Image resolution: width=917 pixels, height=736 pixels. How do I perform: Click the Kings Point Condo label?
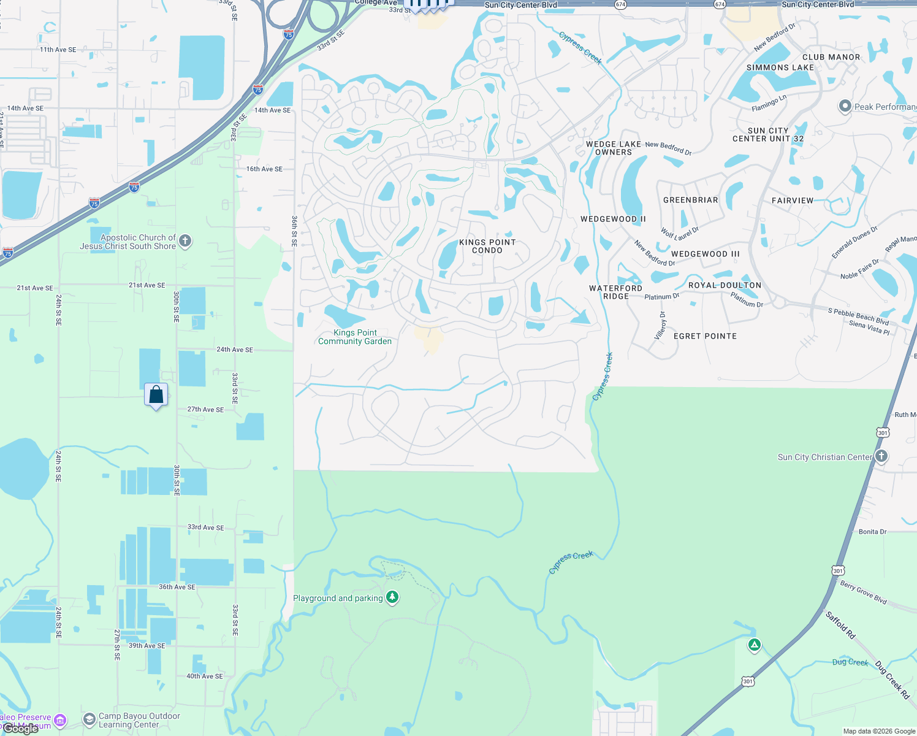(487, 246)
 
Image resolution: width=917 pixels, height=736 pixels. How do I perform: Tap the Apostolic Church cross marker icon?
(185, 241)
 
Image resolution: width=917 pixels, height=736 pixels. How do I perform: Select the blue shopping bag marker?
(156, 394)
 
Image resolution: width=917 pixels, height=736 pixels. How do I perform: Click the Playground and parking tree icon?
(392, 597)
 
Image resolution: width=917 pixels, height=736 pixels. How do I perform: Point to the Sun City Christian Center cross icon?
(881, 456)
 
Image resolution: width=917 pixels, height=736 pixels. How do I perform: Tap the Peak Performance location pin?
(845, 106)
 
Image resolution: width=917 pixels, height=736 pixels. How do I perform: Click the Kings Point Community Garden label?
(355, 337)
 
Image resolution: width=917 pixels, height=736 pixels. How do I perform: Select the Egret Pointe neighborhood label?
(705, 336)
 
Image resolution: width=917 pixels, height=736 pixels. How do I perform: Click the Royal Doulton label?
(725, 285)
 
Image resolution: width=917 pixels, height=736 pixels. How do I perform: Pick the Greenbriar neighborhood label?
(690, 200)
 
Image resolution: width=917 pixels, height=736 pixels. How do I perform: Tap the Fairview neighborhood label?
(792, 201)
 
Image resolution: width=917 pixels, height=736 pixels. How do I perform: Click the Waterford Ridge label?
(615, 292)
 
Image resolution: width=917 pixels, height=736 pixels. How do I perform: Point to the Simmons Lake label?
(780, 67)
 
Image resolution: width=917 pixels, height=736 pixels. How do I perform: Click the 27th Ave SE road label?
(205, 410)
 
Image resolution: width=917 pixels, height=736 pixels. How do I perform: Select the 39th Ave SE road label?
(146, 646)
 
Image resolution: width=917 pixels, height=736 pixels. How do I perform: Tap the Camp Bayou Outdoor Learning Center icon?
(89, 718)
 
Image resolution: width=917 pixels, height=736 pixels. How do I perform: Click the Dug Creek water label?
(850, 662)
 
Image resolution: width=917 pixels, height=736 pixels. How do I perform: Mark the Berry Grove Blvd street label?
(863, 592)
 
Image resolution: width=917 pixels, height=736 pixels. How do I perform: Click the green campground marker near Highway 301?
(755, 645)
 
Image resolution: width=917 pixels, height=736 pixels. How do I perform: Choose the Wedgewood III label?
(705, 254)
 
